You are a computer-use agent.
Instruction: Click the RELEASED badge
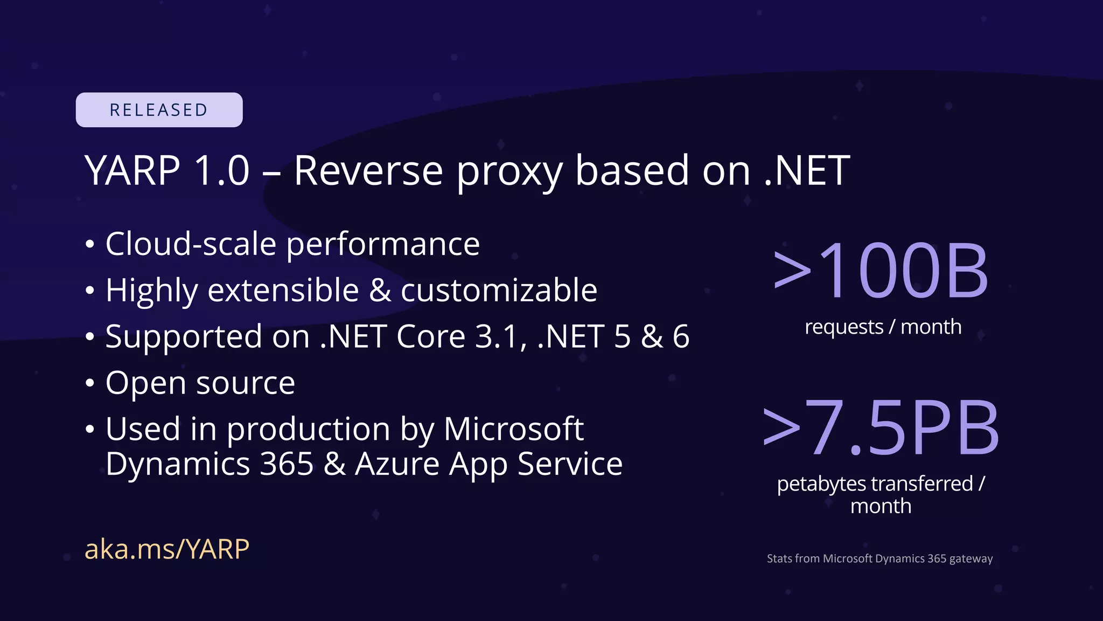(x=159, y=110)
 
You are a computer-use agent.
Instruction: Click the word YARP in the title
(x=132, y=171)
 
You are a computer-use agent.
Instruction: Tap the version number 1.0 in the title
(x=222, y=171)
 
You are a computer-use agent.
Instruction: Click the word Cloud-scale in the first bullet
(x=191, y=244)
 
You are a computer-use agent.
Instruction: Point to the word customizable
(x=499, y=291)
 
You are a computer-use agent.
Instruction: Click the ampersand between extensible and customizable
(x=380, y=291)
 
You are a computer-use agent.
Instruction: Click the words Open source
(x=200, y=383)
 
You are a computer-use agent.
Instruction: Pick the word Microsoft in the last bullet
(x=513, y=429)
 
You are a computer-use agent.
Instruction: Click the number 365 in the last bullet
(x=287, y=464)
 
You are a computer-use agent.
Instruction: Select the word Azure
(x=397, y=464)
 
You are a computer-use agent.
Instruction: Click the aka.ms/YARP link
(x=167, y=549)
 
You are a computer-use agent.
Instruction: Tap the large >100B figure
(x=881, y=271)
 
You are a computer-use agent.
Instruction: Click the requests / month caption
(x=883, y=327)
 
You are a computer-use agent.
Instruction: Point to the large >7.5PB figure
(x=881, y=428)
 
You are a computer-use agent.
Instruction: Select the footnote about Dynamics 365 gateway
(x=879, y=558)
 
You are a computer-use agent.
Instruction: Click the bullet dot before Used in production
(x=90, y=430)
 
